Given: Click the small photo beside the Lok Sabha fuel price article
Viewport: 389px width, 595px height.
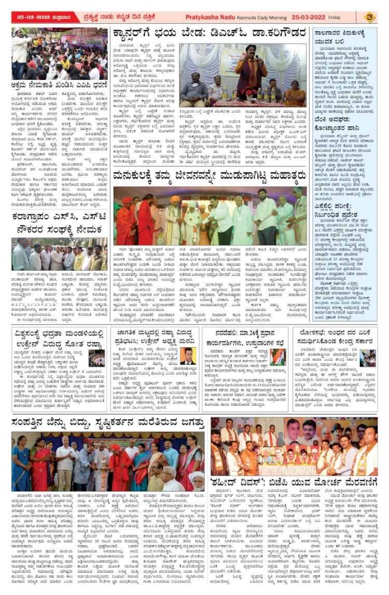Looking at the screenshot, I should coord(368,358).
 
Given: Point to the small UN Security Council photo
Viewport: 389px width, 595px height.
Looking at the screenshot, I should coord(95,358).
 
